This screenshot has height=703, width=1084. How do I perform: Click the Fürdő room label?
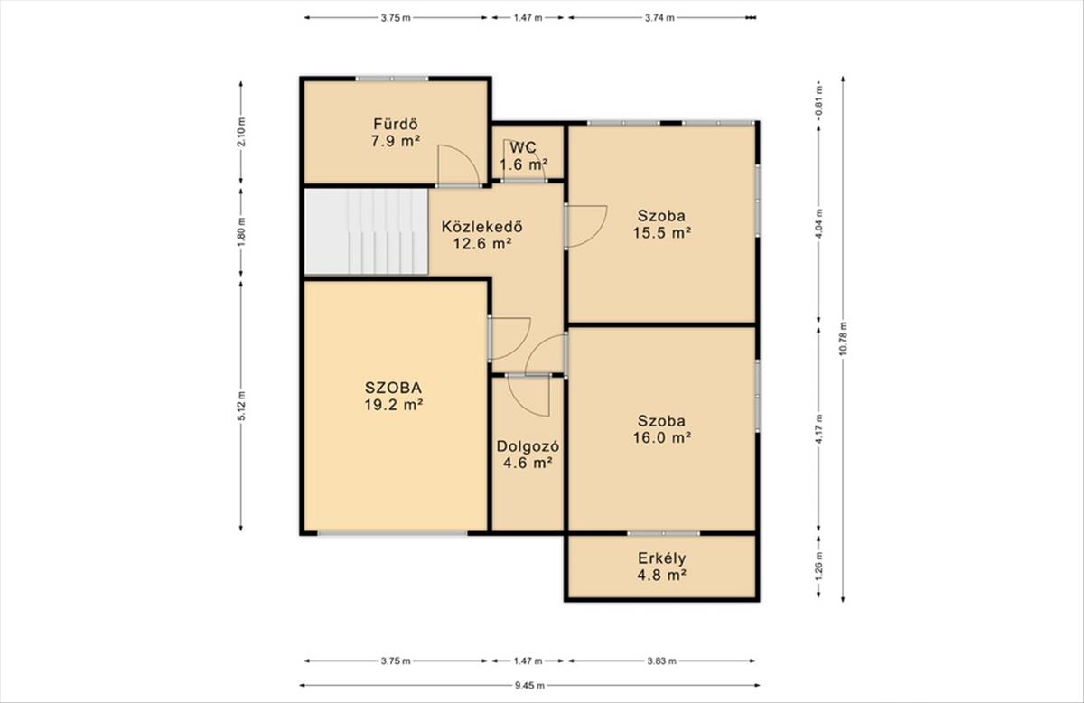(395, 125)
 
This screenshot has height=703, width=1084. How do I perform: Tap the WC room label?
(523, 147)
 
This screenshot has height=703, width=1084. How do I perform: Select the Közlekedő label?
(482, 226)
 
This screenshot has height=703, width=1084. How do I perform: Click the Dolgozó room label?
(528, 445)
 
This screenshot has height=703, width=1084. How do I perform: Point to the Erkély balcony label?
(661, 558)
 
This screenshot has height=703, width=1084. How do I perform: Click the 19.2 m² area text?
(394, 405)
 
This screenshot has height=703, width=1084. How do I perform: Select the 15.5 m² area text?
(661, 233)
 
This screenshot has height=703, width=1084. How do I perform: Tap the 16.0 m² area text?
(661, 437)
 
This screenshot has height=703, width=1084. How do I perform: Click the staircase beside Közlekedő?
(366, 231)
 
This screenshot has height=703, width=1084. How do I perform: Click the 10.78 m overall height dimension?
(843, 339)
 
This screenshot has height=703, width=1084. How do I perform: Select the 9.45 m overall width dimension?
(529, 685)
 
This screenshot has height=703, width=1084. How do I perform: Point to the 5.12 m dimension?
(241, 406)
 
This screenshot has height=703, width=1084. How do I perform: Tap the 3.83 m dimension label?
(661, 661)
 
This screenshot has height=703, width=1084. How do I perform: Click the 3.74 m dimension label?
(659, 18)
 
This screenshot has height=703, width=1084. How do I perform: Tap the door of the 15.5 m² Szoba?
(586, 226)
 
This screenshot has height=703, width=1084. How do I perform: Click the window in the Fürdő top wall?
(392, 79)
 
